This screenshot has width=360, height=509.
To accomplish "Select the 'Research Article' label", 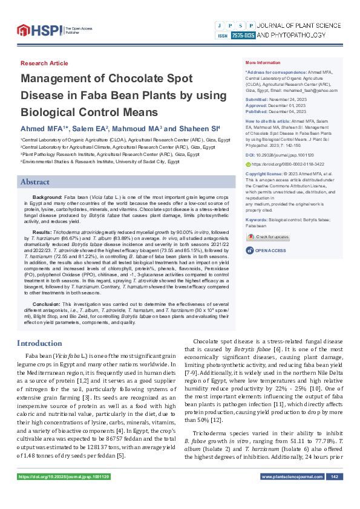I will click(44, 63).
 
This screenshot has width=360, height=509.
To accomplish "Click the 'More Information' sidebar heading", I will click(263, 63).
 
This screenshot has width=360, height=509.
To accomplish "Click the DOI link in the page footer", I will click(64, 494).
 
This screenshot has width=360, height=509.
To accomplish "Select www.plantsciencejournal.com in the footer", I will click(292, 494).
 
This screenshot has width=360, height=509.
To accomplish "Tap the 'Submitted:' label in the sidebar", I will click(257, 99).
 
